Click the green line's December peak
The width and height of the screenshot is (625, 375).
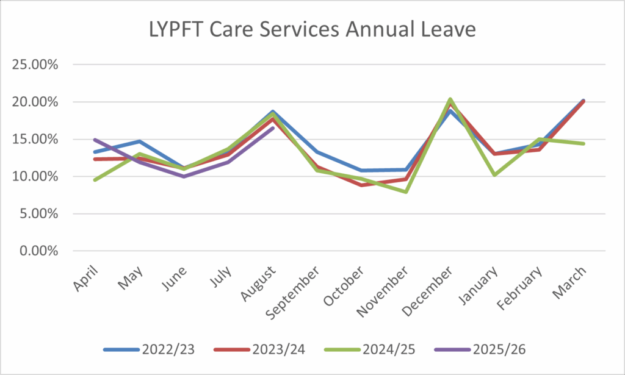coord(450,99)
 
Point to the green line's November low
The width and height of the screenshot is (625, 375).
coord(405,191)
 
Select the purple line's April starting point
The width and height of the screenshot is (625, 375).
coord(95,140)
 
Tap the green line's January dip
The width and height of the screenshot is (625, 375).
coord(494,175)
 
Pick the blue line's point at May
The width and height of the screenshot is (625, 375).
coord(139,141)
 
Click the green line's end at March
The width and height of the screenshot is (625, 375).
coord(583,143)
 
